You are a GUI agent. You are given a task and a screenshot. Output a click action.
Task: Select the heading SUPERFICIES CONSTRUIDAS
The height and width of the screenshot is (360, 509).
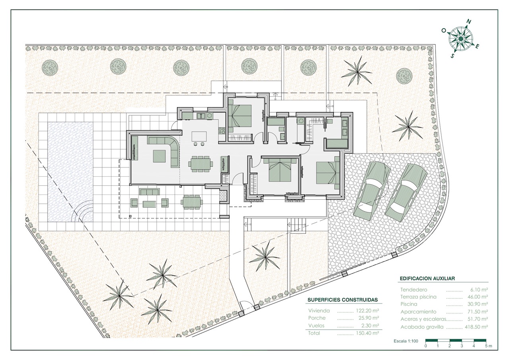[x=343, y=300]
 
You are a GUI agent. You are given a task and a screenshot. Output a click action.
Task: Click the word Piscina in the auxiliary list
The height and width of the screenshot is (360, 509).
[x=409, y=304]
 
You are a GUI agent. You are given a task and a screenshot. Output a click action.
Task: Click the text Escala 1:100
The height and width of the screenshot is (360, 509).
[x=406, y=341]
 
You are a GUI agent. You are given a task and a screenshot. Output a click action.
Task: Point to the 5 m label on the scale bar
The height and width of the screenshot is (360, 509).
[x=489, y=346]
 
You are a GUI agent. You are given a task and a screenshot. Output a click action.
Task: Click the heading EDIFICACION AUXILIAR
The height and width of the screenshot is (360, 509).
[x=427, y=278]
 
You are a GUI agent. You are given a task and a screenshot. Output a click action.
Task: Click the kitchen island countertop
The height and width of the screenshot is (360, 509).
[x=199, y=136]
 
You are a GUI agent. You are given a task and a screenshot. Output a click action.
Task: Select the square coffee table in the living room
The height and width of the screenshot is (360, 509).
[x=159, y=156]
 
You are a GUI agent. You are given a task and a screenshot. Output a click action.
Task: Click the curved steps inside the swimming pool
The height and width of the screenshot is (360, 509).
[x=83, y=211]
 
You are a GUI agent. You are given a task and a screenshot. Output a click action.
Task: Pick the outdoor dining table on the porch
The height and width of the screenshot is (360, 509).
[x=192, y=201]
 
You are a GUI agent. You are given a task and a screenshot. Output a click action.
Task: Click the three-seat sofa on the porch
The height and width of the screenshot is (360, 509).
[x=149, y=192]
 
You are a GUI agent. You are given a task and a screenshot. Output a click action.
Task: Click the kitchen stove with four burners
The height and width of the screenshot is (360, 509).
[x=221, y=130]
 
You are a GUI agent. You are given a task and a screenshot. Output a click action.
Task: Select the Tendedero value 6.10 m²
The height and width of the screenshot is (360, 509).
[x=479, y=290]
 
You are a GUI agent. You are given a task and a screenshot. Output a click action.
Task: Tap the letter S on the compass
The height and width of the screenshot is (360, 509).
[x=453, y=56]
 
